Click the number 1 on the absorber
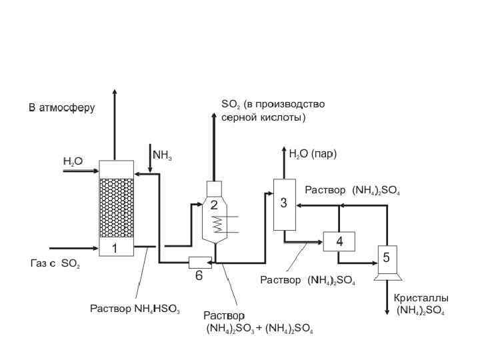[115, 249]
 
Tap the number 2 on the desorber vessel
[214, 206]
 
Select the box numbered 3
[284, 203]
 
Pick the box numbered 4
[339, 241]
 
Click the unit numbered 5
[386, 255]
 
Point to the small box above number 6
[199, 262]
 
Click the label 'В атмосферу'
[61, 107]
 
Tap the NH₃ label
[163, 155]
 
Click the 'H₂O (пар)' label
[313, 154]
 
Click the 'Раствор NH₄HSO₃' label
[135, 309]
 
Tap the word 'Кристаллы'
[421, 298]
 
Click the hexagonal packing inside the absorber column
[117, 207]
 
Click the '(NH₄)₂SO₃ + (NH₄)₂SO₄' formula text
[260, 329]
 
